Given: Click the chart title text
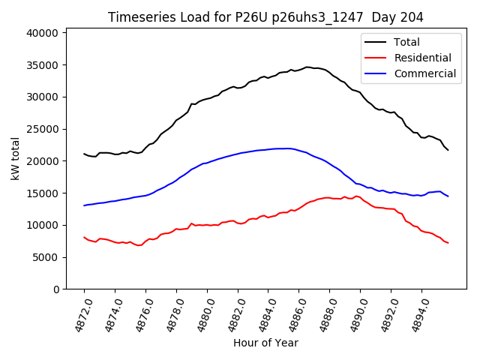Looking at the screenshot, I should tap(265, 17).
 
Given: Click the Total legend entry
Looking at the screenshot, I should tap(407, 42).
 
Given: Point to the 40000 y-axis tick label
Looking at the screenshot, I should tap(43, 33).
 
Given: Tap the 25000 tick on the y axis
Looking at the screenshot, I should tap(43, 129).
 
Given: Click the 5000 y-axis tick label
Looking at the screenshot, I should tap(46, 257).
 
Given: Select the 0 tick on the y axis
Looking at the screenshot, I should tap(55, 289).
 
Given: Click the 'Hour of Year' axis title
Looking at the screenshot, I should tap(265, 343).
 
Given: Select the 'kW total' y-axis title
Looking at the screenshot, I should tap(15, 160).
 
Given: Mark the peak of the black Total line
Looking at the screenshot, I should tap(307, 67).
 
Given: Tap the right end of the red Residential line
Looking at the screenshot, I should tap(448, 243).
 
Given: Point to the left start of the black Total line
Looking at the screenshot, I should tap(84, 154).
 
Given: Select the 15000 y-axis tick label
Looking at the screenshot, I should tap(43, 193).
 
